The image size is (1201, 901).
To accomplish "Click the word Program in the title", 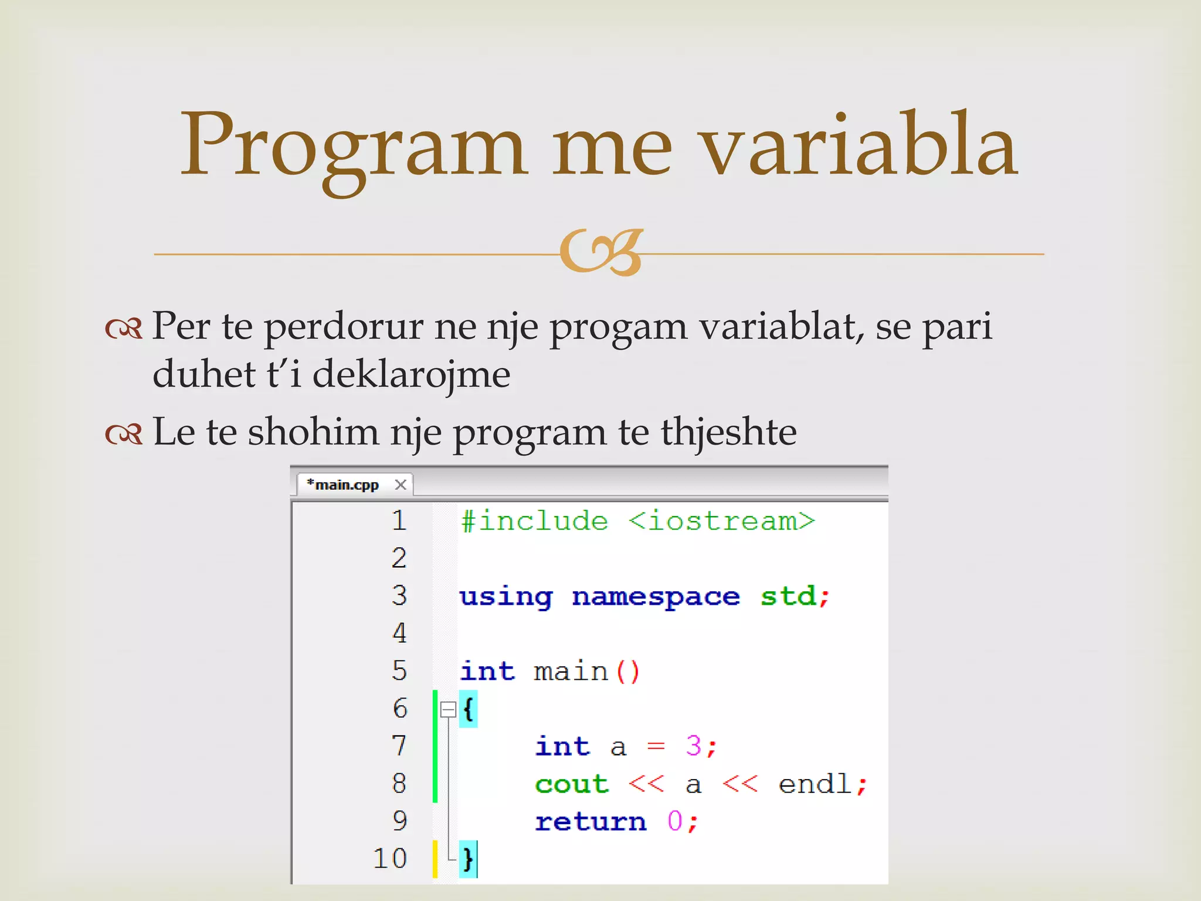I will pyautogui.click(x=352, y=147).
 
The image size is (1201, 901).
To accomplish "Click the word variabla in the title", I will pyautogui.click(x=859, y=147).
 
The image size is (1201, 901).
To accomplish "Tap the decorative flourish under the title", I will pyautogui.click(x=601, y=252).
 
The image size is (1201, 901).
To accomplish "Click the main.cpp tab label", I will pyautogui.click(x=346, y=485).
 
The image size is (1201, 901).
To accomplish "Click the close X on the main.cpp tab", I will pyautogui.click(x=401, y=485).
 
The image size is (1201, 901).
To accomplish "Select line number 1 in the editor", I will pyautogui.click(x=399, y=520).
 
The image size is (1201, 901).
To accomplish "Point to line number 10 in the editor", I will pyautogui.click(x=390, y=859).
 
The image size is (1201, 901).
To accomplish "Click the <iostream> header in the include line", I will pyautogui.click(x=721, y=521).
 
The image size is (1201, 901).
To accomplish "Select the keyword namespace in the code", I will pyautogui.click(x=656, y=597).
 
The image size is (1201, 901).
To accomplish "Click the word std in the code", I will pyautogui.click(x=788, y=597).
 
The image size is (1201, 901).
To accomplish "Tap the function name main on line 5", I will pyautogui.click(x=571, y=672).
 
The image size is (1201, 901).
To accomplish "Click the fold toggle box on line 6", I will pyautogui.click(x=448, y=710).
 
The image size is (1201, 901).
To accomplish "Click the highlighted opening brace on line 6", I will pyautogui.click(x=468, y=709).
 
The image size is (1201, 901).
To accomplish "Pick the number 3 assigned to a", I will pyautogui.click(x=694, y=746).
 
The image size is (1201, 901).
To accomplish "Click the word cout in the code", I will pyautogui.click(x=572, y=784).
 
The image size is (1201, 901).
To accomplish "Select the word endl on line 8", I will pyautogui.click(x=815, y=784).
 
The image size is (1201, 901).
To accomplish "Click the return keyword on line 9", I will pyautogui.click(x=591, y=822).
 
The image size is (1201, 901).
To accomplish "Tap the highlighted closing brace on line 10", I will pyautogui.click(x=468, y=859).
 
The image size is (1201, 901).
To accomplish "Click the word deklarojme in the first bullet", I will pyautogui.click(x=411, y=374).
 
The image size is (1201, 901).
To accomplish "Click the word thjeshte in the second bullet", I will pyautogui.click(x=728, y=432).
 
